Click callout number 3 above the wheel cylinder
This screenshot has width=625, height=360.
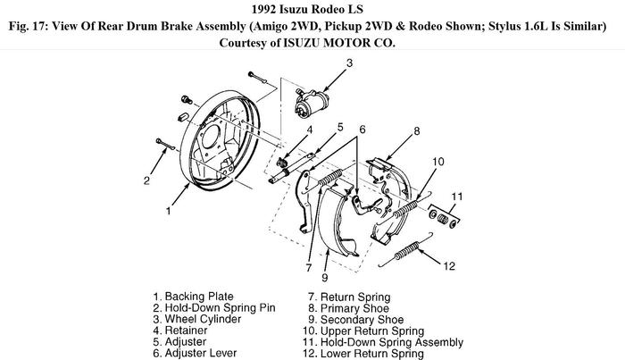[x=349, y=63]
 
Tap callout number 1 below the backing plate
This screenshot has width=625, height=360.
[x=168, y=212]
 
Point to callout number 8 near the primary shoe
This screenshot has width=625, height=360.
[x=416, y=132]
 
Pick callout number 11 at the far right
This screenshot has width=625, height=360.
[x=455, y=197]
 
